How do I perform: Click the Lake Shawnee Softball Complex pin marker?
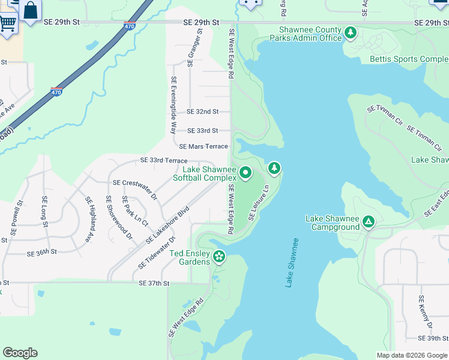[245, 173]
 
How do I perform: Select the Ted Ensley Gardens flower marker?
[220, 257]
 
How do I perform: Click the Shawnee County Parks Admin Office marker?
[350, 34]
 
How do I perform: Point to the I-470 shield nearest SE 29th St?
[130, 26]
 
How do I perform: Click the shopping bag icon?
[30, 10]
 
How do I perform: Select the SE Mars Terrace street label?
[203, 146]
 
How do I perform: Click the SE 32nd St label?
[202, 112]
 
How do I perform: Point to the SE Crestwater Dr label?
[134, 182]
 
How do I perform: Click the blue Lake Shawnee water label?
[291, 262]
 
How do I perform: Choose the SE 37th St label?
[154, 283]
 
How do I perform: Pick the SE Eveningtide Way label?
[173, 104]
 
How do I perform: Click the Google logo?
[20, 353]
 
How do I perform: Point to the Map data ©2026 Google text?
[412, 355]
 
